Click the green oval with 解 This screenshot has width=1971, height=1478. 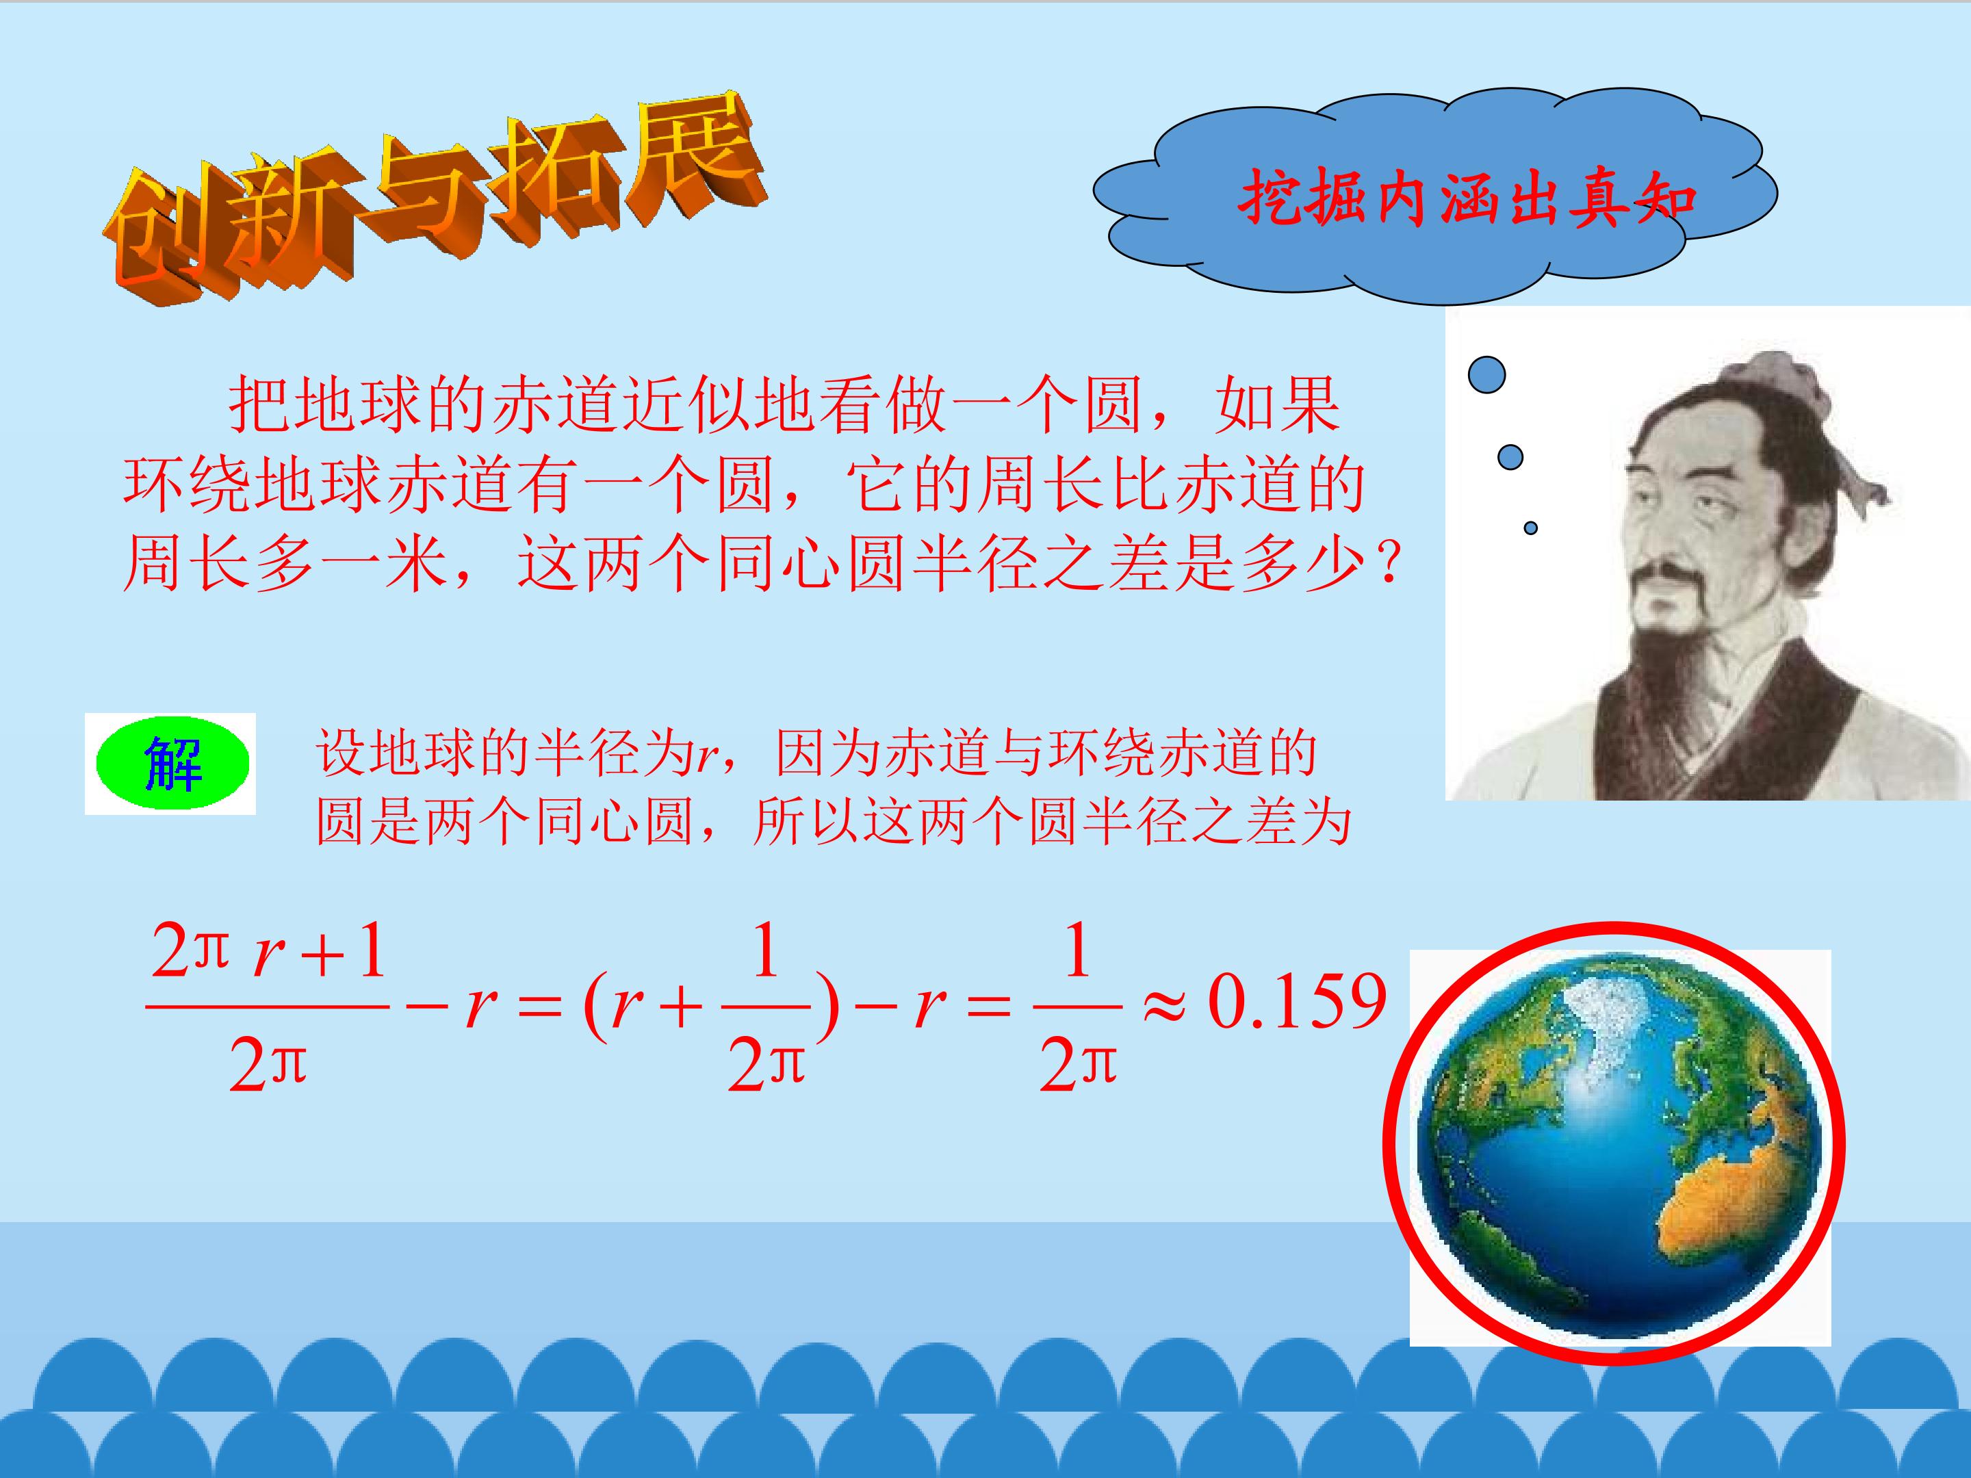(x=171, y=764)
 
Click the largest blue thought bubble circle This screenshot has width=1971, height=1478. (x=1486, y=375)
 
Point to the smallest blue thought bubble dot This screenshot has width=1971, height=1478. (x=1530, y=528)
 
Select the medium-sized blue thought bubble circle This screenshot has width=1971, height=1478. (x=1510, y=457)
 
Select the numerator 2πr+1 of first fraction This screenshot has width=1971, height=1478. (x=268, y=952)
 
